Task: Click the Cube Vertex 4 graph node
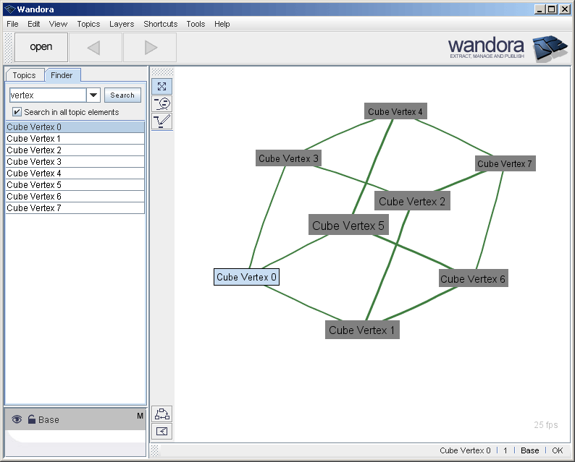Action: (x=395, y=112)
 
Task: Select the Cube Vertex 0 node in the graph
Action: (x=246, y=277)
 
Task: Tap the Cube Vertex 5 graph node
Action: (x=348, y=226)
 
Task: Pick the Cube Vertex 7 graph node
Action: (x=505, y=164)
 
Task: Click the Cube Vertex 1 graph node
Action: (x=362, y=330)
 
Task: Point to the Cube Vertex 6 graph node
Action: (x=473, y=279)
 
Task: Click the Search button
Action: (x=122, y=95)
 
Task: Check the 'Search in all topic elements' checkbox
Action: (x=17, y=112)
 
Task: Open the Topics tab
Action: (x=24, y=75)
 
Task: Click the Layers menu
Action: (x=122, y=24)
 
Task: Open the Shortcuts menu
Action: (x=160, y=24)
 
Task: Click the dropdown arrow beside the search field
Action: (x=93, y=95)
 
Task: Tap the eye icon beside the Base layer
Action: (x=17, y=419)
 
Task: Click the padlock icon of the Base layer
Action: (x=32, y=419)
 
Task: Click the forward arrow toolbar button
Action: (x=151, y=48)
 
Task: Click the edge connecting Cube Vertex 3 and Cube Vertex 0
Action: (x=266, y=217)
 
